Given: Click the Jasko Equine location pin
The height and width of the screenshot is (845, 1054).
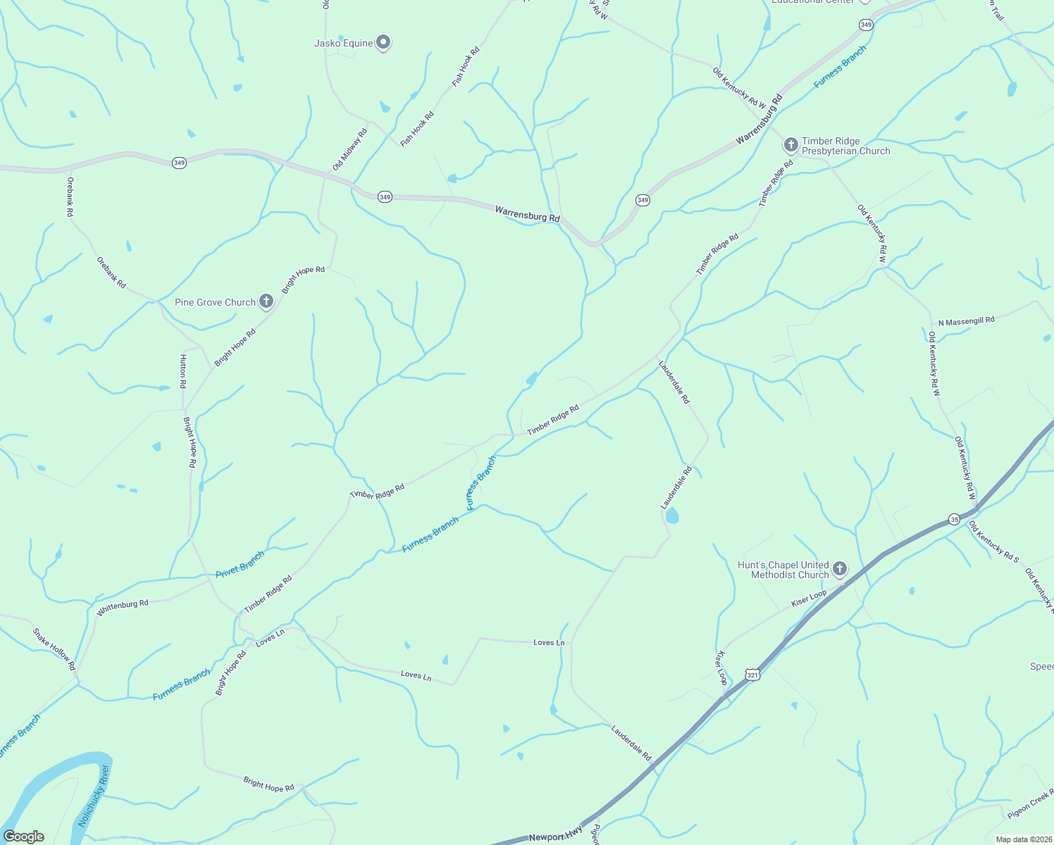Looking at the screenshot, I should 383,43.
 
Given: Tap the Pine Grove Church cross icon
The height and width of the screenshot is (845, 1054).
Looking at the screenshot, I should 266,301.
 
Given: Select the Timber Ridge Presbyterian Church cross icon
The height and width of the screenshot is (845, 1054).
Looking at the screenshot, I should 790,145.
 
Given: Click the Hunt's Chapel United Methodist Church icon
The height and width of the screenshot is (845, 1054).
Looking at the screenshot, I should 839,568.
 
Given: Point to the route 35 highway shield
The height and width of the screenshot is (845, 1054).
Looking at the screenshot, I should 954,519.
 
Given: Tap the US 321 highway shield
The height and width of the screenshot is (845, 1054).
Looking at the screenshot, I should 752,675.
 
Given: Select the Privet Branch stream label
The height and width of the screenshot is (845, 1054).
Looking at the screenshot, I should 240,565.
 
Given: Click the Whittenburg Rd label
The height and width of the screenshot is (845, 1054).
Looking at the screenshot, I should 123,608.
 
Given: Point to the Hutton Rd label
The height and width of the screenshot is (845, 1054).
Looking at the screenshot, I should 183,371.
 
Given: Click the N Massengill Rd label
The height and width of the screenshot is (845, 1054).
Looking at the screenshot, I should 966,321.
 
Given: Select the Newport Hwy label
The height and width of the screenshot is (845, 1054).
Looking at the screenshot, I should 556,837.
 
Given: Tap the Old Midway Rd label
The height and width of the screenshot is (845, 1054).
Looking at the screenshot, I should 350,149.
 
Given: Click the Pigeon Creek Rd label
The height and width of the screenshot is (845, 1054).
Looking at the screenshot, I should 1030,806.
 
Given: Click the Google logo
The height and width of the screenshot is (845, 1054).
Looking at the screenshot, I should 23,837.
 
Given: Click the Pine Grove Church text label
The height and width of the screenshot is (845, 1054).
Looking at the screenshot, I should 215,302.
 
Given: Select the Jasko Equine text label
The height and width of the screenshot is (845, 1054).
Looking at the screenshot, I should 343,43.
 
